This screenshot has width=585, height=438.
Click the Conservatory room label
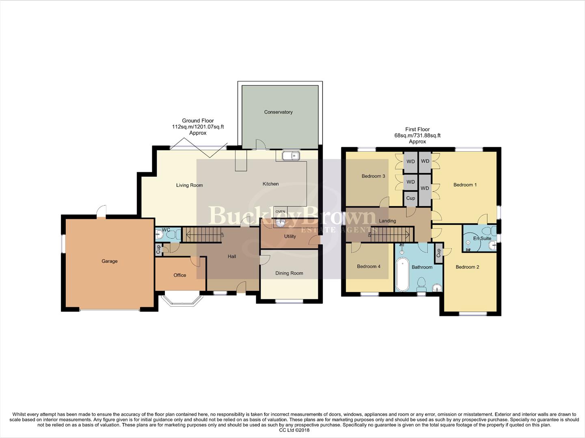tap(278, 112)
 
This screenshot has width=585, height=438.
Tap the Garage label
tap(109, 261)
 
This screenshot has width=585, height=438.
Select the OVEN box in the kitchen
tap(280, 212)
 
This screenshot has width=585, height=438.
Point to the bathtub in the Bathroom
tap(402, 274)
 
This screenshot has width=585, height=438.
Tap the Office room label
tap(179, 275)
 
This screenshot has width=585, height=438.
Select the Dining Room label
tap(289, 273)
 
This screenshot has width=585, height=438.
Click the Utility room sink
tap(281, 223)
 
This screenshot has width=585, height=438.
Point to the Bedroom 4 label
tap(369, 266)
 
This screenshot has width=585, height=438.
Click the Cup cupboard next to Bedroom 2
tap(438, 253)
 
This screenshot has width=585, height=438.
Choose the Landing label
tap(387, 221)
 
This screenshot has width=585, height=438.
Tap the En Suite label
tap(482, 238)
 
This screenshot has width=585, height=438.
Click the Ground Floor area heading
tap(198, 127)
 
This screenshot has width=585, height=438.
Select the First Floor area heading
tap(417, 135)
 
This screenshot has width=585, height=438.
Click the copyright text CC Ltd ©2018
tap(294, 430)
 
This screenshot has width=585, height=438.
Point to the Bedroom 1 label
tap(465, 185)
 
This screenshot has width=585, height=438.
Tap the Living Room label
tap(189, 185)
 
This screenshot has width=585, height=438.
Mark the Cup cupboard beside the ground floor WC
tap(158, 249)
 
